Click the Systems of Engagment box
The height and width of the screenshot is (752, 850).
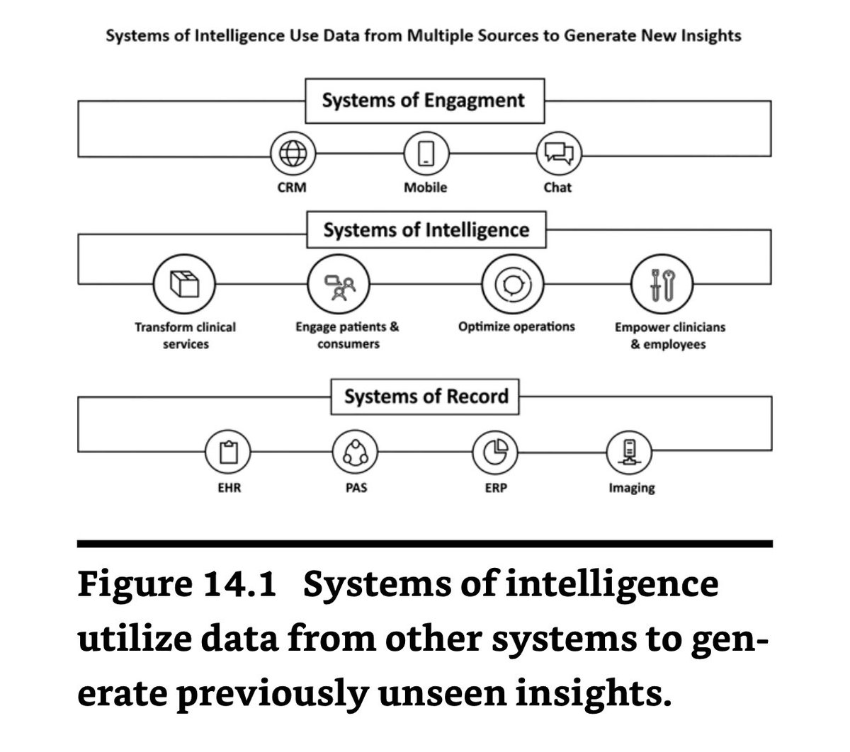(x=424, y=101)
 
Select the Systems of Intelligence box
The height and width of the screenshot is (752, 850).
(x=426, y=230)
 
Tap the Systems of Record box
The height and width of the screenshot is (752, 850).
(x=426, y=396)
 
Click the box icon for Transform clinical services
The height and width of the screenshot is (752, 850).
(x=185, y=284)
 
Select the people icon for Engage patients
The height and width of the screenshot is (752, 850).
(x=338, y=284)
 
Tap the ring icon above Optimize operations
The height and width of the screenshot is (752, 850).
(x=513, y=284)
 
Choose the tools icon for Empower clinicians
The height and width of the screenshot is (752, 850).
(x=661, y=284)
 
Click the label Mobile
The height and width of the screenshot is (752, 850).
(x=425, y=188)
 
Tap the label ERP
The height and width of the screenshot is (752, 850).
(x=495, y=488)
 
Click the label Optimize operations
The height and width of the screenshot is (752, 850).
(x=516, y=327)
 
